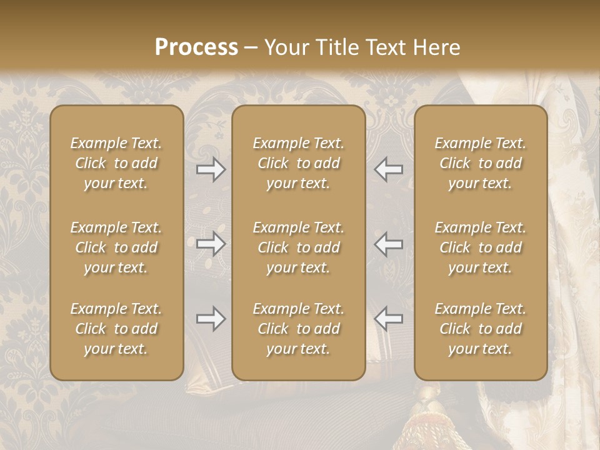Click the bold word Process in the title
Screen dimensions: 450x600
196,47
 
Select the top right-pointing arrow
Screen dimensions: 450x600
211,169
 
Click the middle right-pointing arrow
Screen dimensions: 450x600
211,244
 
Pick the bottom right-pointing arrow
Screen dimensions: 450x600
211,319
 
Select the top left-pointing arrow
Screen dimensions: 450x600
389,169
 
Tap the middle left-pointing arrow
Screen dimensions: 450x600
389,244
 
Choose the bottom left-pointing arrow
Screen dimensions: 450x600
389,319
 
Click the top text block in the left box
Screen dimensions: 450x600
116,163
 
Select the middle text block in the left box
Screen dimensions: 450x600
116,247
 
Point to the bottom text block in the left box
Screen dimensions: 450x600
116,329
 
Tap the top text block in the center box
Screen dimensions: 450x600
298,163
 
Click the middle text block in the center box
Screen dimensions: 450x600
298,247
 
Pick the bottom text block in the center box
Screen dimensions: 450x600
298,329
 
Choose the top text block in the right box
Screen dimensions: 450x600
481,163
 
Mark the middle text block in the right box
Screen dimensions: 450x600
481,247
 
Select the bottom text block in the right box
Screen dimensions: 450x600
481,329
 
